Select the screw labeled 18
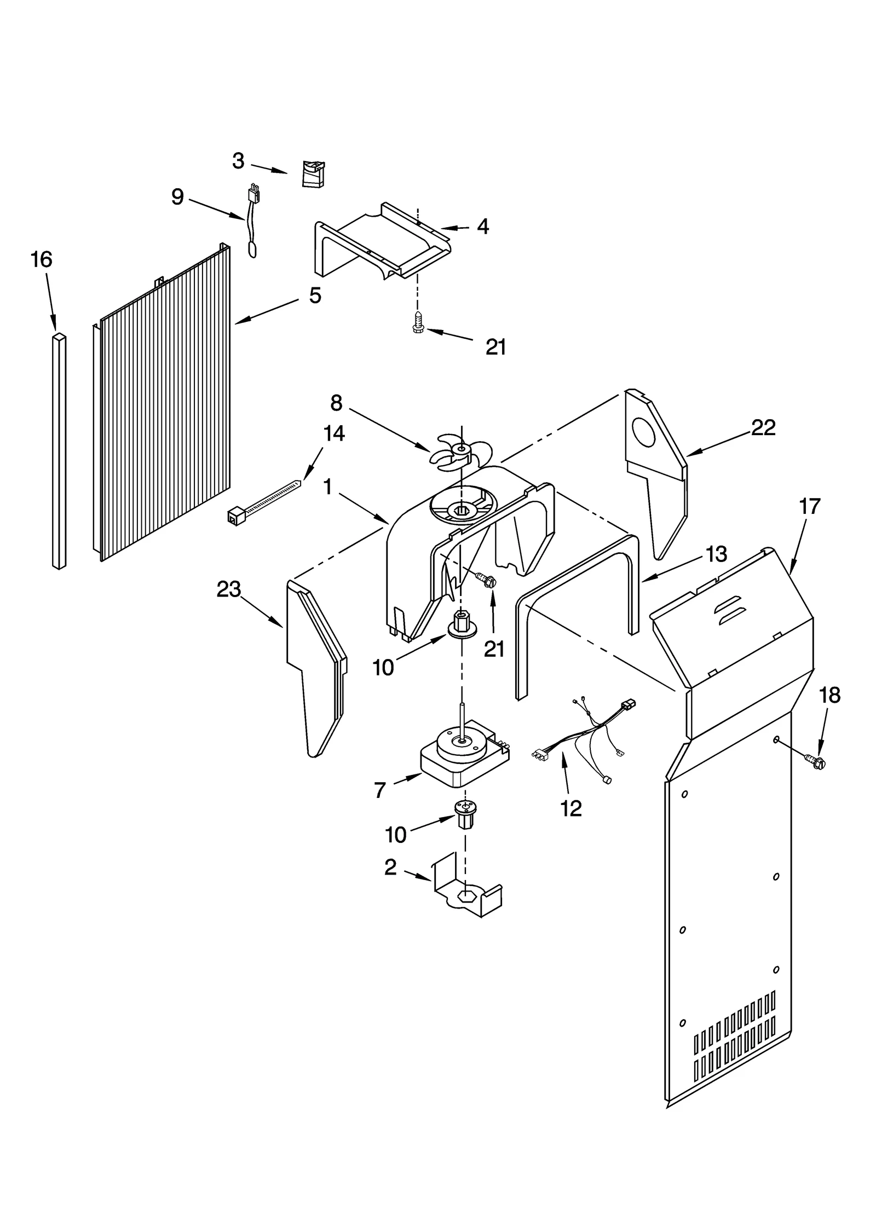(x=815, y=760)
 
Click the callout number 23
(x=228, y=589)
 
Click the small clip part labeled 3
(x=313, y=174)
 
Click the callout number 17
(x=809, y=506)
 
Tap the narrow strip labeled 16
(x=59, y=449)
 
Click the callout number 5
(x=315, y=296)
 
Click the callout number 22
(x=763, y=427)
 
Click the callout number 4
(x=482, y=226)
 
